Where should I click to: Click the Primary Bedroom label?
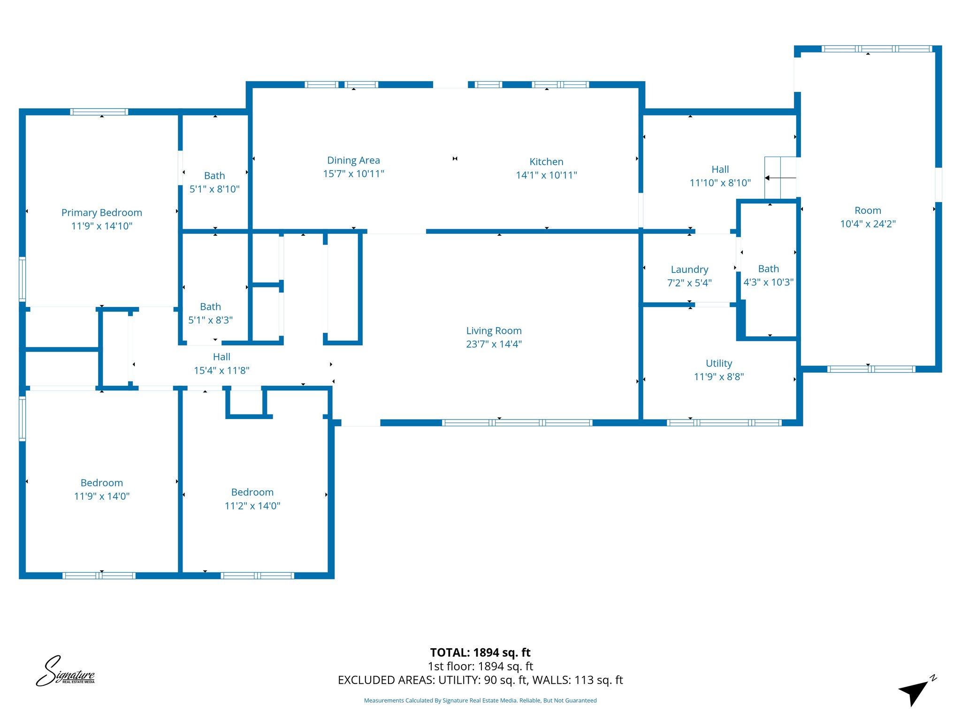101,213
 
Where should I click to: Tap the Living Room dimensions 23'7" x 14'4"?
494,344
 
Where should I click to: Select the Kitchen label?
546,162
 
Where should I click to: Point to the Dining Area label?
353,160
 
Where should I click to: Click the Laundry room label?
689,270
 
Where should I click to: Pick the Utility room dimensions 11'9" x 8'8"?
719,376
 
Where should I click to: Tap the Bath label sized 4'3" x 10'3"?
768,269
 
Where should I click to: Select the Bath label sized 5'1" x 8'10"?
214,176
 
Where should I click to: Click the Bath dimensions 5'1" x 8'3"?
210,320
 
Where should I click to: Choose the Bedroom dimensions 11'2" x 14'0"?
252,506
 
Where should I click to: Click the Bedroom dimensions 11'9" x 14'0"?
101,496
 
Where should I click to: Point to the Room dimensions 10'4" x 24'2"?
868,224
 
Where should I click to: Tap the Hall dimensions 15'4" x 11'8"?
221,370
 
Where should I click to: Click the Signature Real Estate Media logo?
66,672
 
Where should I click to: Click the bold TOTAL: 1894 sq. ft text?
480,652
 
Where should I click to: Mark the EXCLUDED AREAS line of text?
480,680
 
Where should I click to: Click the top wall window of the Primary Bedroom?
99,112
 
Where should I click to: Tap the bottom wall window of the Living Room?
517,423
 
